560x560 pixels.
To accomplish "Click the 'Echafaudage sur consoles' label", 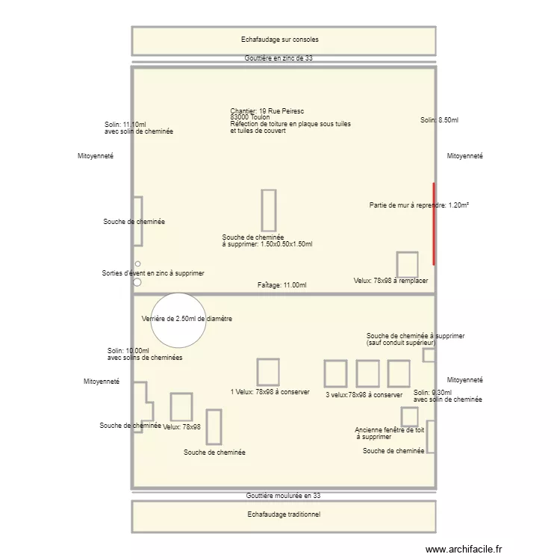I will [283, 40].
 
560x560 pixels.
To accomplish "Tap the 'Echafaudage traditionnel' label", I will [283, 514].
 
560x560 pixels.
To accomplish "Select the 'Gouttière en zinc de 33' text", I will [278, 58].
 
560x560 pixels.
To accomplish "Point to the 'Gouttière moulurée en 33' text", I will [283, 496].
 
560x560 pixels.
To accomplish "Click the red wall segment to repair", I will [434, 224].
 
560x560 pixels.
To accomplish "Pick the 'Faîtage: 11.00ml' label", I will [281, 285].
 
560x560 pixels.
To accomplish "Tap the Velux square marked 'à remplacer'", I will [407, 265].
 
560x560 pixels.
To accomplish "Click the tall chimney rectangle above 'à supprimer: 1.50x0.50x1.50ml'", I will [268, 210].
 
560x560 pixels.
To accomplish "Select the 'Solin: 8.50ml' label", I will [439, 120].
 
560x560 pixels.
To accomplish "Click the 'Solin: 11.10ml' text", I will [125, 125].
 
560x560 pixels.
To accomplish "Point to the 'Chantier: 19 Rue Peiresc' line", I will [262, 111].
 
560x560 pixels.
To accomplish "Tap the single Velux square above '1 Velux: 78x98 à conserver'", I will [268, 372].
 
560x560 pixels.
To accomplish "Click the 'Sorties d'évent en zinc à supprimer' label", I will [153, 273].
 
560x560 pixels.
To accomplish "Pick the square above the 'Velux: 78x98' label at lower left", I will [181, 407].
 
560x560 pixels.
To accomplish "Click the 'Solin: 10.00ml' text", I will [128, 351].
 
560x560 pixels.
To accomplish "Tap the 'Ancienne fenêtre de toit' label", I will [389, 430].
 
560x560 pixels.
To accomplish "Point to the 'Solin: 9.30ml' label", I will [432, 393].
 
